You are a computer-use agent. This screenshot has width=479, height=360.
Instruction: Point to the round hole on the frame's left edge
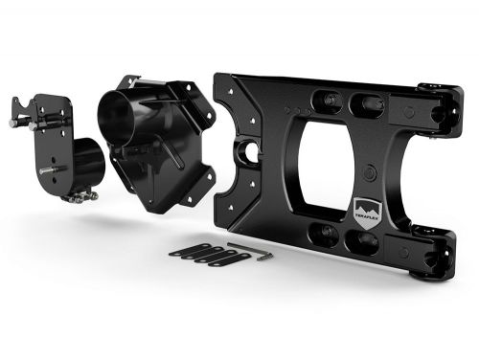coord(251,150)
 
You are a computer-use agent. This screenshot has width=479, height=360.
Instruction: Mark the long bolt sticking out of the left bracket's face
coord(50,170)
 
